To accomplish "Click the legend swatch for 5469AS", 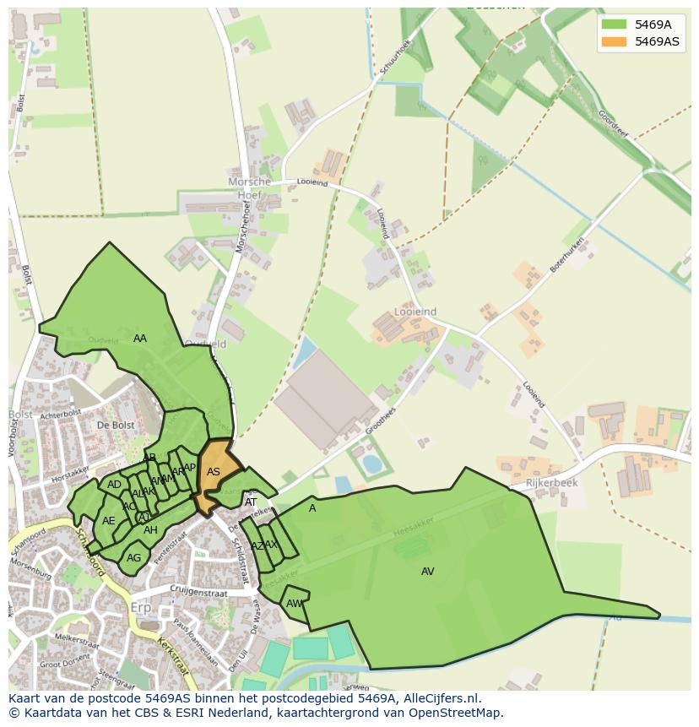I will click(614, 41).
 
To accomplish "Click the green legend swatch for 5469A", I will click(614, 24).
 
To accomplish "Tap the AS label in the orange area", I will click(214, 472).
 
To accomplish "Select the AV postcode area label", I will click(428, 572).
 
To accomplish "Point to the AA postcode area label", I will click(140, 339).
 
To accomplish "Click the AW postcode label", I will click(294, 604).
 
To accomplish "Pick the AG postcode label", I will click(134, 558).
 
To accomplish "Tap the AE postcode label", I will click(109, 521).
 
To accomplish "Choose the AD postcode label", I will click(114, 485).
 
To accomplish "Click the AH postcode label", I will click(150, 530).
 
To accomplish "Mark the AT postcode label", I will click(251, 502).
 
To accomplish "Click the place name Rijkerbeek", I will click(551, 483).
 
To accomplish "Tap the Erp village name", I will click(141, 608).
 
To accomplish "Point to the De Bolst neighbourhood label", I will click(116, 425).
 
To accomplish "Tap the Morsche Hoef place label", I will click(250, 188).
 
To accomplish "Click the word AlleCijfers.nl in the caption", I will click(439, 698).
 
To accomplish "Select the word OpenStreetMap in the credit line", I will click(458, 713).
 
